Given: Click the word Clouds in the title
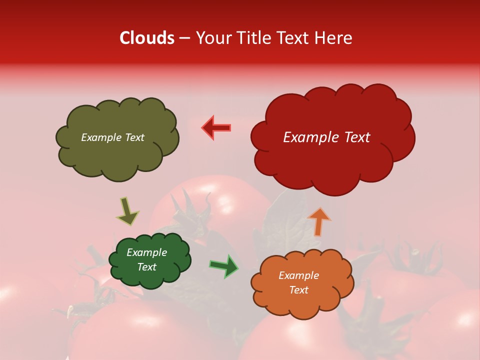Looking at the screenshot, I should click(147, 38).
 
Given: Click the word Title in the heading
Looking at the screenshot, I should click(252, 38).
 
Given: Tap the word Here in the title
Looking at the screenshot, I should click(334, 38).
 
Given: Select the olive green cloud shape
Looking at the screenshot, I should click(117, 155).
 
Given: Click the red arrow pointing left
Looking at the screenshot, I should click(216, 127).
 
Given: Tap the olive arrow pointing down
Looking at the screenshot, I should click(127, 211).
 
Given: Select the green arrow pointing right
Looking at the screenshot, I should click(224, 266).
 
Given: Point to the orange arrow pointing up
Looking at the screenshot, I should click(318, 221).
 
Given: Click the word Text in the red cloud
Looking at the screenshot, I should click(357, 137).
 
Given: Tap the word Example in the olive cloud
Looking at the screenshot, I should click(101, 137).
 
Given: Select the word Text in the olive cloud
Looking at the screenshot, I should click(134, 137).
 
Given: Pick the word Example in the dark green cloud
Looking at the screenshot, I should click(147, 252).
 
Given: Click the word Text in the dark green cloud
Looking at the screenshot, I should click(147, 267).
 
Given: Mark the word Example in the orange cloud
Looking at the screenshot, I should click(298, 275).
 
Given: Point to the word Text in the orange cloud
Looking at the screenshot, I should click(298, 290).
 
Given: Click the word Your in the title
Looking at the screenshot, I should click(212, 38).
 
